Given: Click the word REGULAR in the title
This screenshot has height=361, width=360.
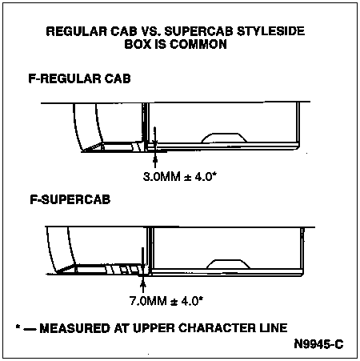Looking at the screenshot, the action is click(x=77, y=31).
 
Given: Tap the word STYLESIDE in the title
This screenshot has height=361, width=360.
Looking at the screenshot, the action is click(x=270, y=31).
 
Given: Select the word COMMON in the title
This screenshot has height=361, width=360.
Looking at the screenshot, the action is click(x=198, y=44).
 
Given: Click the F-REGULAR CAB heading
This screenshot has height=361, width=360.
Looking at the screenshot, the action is click(x=79, y=78).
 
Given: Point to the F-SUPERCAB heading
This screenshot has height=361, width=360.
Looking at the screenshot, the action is click(x=70, y=199).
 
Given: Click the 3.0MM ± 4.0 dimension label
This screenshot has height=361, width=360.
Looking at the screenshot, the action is click(x=180, y=177).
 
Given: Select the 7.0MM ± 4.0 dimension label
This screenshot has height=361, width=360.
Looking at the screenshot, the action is click(x=166, y=301).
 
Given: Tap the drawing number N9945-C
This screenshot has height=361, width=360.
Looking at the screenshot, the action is click(x=318, y=344).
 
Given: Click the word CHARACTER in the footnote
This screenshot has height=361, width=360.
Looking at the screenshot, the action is click(x=217, y=328).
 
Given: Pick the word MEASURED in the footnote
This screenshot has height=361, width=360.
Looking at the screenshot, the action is click(x=74, y=328).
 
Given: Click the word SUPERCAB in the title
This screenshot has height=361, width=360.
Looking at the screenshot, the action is click(x=198, y=31).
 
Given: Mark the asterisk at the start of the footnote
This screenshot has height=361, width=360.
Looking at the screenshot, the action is click(x=18, y=326).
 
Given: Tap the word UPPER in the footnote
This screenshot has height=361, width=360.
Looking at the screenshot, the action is click(x=154, y=328).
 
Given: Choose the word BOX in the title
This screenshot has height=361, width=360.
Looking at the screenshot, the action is click(x=138, y=44).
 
